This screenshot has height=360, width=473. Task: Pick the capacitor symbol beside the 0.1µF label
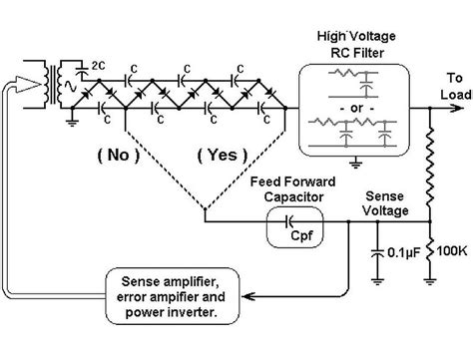379,253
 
